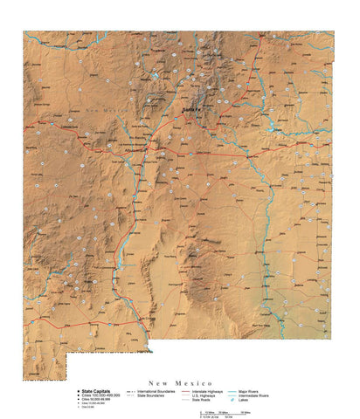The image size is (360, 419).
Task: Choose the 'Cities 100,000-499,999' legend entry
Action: point(104,396)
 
